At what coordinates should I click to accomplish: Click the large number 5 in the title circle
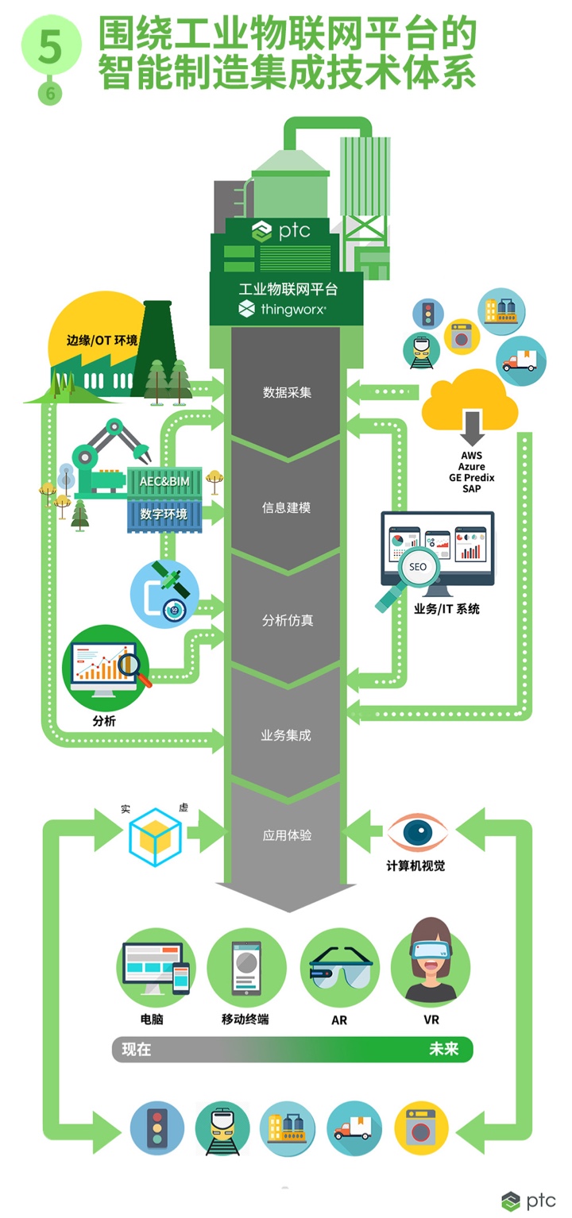[51, 47]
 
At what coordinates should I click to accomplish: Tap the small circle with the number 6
[51, 94]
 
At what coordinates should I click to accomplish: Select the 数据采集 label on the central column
[287, 392]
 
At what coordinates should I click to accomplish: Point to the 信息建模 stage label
[287, 507]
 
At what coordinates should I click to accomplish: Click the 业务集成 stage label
[286, 735]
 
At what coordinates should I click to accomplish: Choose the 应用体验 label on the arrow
[287, 835]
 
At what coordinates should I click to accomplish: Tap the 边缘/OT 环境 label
[102, 341]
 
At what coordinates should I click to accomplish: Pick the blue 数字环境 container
[164, 514]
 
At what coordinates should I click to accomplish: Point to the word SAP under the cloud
[472, 488]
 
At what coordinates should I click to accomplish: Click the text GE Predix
[472, 478]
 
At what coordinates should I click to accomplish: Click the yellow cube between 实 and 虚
[155, 837]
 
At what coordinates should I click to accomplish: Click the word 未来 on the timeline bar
[443, 1049]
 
